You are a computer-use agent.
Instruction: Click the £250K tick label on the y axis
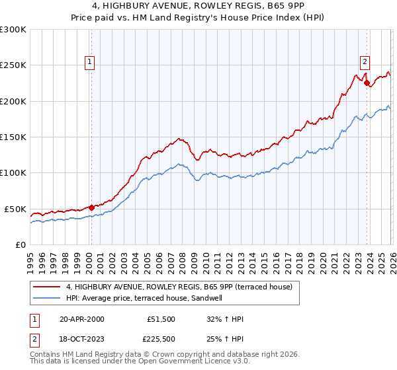(x=13, y=65)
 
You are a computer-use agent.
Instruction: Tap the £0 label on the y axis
(x=21, y=244)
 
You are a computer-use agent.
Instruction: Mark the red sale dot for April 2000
(x=91, y=207)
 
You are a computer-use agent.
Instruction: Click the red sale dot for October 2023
(x=366, y=83)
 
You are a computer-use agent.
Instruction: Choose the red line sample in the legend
(x=47, y=286)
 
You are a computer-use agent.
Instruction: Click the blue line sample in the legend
(x=47, y=297)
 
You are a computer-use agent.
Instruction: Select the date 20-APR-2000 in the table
(x=81, y=319)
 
